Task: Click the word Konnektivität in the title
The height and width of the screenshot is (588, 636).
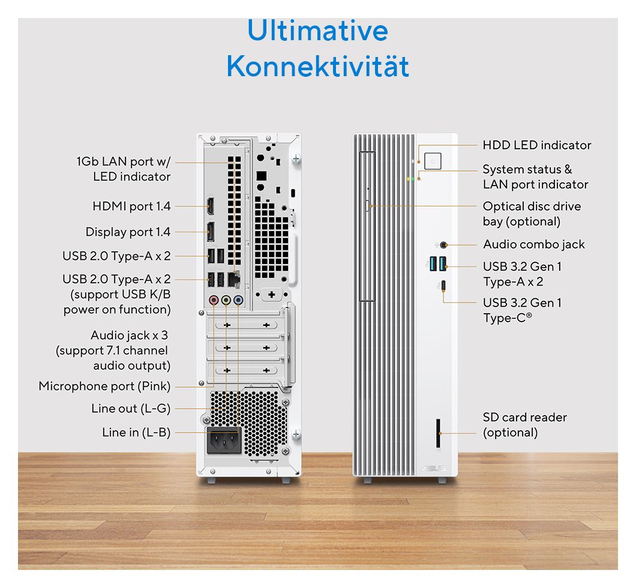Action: (x=317, y=66)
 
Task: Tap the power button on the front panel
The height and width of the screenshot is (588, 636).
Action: (x=433, y=161)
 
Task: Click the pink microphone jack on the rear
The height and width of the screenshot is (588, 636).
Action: (x=214, y=301)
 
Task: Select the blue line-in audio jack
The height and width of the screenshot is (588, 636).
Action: (x=239, y=301)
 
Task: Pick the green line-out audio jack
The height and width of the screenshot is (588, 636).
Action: (x=226, y=301)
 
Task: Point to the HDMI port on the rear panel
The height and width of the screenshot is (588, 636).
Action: (x=211, y=206)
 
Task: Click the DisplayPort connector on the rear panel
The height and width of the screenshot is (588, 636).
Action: (x=211, y=232)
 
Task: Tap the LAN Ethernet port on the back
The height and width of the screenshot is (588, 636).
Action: (x=234, y=280)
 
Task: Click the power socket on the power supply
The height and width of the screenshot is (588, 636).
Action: (x=224, y=440)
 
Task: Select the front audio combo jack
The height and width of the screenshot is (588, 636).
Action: (x=443, y=245)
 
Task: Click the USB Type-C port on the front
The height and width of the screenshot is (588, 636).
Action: (x=443, y=285)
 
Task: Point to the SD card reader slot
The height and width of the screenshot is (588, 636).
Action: (x=438, y=433)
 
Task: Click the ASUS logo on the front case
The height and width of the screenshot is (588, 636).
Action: (x=434, y=469)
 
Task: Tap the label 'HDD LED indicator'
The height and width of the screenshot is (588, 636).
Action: (x=536, y=145)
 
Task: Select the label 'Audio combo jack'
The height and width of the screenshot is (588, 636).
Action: (x=534, y=245)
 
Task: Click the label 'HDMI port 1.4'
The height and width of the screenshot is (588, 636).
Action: (x=131, y=206)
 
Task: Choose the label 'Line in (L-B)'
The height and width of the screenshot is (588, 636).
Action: (x=136, y=432)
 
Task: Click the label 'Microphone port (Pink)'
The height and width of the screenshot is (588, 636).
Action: (x=104, y=386)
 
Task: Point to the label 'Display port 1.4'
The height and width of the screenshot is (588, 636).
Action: (x=128, y=232)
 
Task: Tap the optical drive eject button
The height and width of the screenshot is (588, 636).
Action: (x=367, y=206)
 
